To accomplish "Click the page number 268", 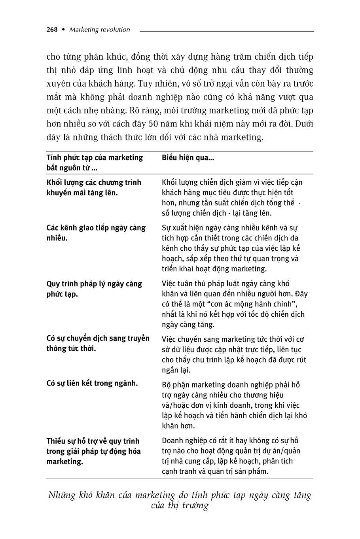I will [52, 30].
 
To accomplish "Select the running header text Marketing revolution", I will [99, 30].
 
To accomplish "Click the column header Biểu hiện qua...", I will [188, 158].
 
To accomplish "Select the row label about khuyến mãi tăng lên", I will [94, 188].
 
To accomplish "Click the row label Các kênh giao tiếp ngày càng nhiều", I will [96, 233].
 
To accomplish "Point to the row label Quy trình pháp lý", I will [94, 289].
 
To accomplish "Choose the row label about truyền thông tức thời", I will [98, 343].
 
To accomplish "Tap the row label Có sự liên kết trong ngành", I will [92, 383].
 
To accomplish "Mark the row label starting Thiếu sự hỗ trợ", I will [93, 451].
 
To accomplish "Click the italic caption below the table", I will [180, 500].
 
